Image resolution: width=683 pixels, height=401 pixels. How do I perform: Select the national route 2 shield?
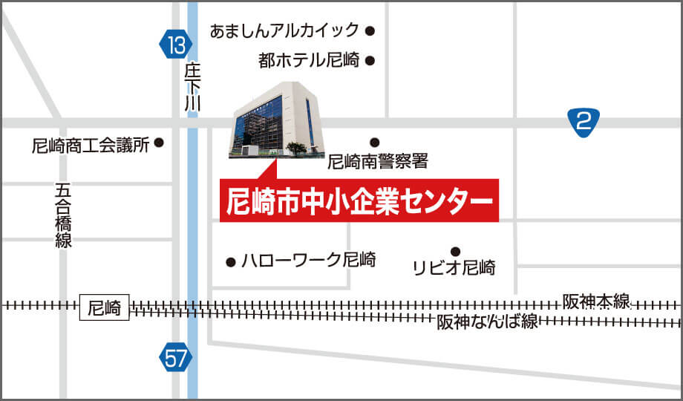(584, 121)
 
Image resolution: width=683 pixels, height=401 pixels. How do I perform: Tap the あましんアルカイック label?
(284, 31)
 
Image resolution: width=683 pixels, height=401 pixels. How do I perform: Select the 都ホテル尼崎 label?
(308, 61)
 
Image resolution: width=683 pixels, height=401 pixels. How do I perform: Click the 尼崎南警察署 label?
(377, 160)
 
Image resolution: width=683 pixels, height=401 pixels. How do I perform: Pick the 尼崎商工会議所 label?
(91, 146)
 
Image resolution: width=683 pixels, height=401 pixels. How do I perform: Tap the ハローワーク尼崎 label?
(309, 261)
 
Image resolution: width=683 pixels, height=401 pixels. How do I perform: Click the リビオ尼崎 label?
(454, 267)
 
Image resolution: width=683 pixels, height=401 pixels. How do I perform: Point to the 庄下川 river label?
(193, 88)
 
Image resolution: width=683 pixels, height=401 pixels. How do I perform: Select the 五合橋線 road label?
(63, 215)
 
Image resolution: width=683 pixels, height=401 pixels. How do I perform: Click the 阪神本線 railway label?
(596, 301)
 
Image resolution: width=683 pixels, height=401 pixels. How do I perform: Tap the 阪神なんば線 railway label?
(486, 322)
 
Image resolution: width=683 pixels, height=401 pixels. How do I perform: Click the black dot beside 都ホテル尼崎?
(369, 61)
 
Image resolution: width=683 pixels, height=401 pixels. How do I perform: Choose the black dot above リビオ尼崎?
(456, 251)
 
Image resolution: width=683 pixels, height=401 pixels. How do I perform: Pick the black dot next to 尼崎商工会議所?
(158, 146)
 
